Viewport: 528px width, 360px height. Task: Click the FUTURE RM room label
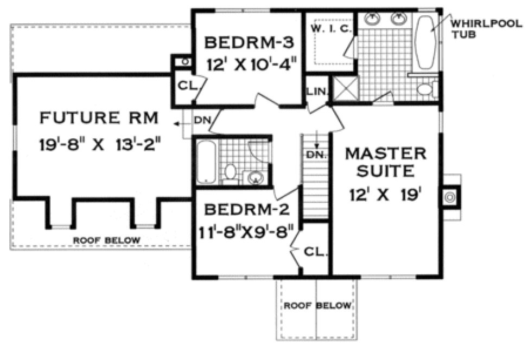point(99,118)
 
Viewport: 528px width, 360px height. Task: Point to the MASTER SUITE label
point(386,162)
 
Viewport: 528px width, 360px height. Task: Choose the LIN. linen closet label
point(316,92)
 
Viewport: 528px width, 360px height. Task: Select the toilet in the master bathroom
point(429,89)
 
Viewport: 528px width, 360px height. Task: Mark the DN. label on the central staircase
point(315,155)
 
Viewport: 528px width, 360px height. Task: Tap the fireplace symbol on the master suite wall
point(450,198)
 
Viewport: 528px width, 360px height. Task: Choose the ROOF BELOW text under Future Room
point(107,240)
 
